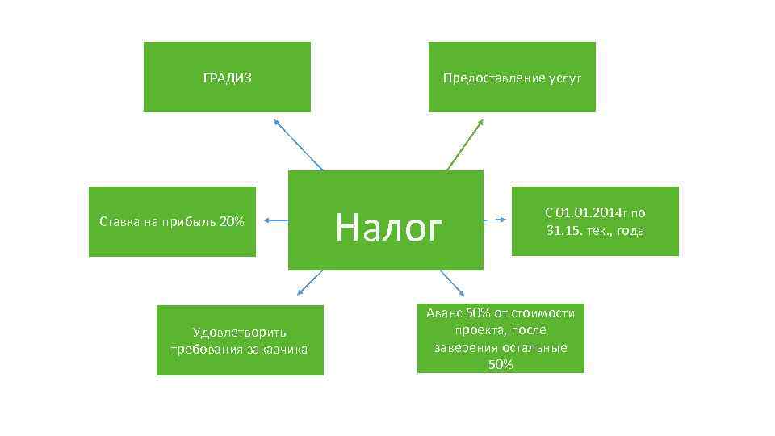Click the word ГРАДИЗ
point(227,78)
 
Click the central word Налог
point(389,227)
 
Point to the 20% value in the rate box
point(231,221)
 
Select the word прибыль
point(191,221)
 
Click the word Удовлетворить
point(240,332)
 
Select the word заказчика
point(277,349)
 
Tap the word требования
point(206,349)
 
